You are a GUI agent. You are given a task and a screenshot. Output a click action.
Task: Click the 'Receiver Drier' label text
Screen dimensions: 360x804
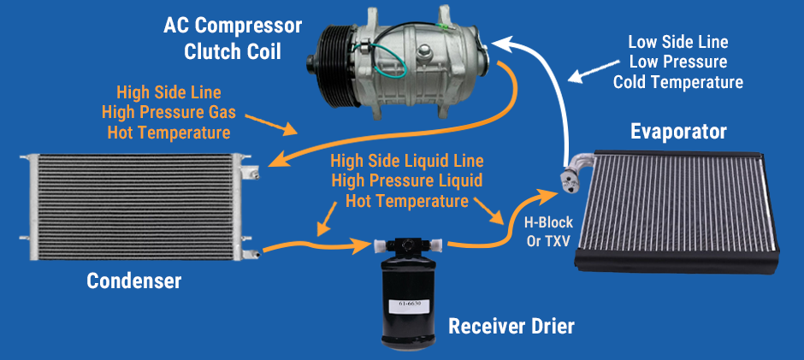click(511, 326)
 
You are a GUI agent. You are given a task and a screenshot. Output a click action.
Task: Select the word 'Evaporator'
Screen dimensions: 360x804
click(678, 132)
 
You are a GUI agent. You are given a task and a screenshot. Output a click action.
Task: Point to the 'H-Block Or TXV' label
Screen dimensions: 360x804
click(548, 230)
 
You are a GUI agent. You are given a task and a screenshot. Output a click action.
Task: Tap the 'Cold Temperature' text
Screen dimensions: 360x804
click(678, 82)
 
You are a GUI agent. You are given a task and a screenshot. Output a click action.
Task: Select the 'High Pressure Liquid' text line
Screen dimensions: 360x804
click(407, 180)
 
